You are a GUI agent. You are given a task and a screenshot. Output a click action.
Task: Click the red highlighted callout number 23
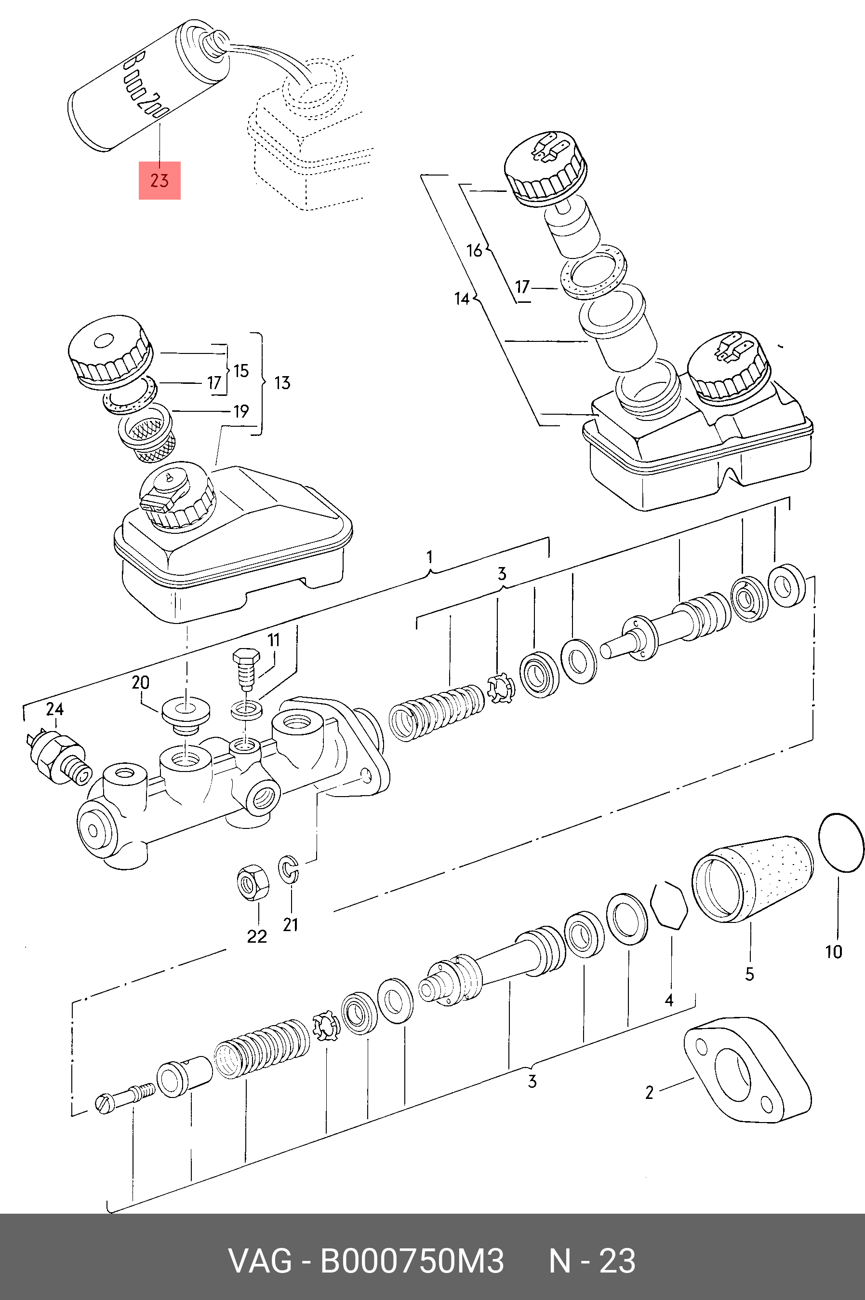pyautogui.click(x=160, y=180)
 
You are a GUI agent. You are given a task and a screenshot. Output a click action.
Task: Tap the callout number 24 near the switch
pyautogui.click(x=54, y=709)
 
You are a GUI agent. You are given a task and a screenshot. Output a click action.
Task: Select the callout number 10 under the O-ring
pyautogui.click(x=834, y=952)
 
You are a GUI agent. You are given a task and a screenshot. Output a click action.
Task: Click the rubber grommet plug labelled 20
pyautogui.click(x=186, y=716)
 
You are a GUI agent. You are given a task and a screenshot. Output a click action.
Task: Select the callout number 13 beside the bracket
pyautogui.click(x=282, y=382)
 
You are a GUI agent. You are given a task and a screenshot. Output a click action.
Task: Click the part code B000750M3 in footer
pyautogui.click(x=412, y=1261)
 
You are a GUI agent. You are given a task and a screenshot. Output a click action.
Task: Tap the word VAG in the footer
pyautogui.click(x=260, y=1261)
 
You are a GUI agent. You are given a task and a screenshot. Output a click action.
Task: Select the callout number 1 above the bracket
pyautogui.click(x=430, y=556)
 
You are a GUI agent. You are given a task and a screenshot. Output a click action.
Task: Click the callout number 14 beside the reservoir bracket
pyautogui.click(x=462, y=298)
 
